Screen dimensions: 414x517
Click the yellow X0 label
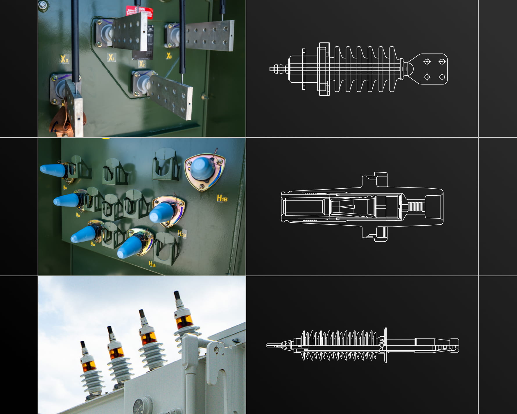pos(64,59)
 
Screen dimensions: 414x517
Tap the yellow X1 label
pos(111,58)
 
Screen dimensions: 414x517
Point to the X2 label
pos(141,64)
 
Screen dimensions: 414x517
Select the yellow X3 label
pos(169,56)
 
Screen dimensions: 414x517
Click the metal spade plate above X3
pos(209,35)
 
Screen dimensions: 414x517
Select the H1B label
pos(222,199)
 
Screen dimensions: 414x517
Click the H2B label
pos(182,234)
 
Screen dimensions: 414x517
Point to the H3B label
pos(152,264)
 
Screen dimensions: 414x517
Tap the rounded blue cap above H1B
pos(203,169)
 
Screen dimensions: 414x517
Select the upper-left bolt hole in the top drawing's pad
pos(427,62)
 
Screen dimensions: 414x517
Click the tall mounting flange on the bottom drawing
pos(385,345)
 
